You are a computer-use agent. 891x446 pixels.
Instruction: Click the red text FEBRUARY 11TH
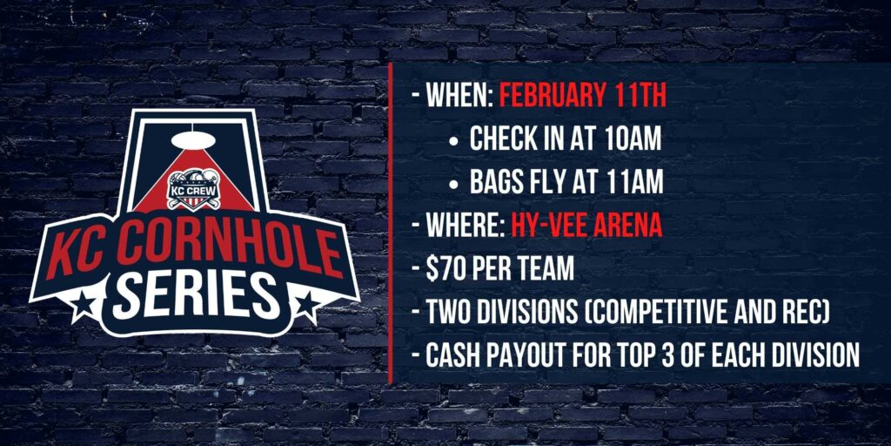click(582, 96)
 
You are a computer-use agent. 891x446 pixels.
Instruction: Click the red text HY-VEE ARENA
click(586, 226)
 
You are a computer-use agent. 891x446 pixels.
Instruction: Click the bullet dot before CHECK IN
click(452, 140)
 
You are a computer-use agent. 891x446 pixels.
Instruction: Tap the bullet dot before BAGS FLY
click(452, 184)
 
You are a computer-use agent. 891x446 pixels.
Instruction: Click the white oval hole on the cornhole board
click(193, 139)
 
